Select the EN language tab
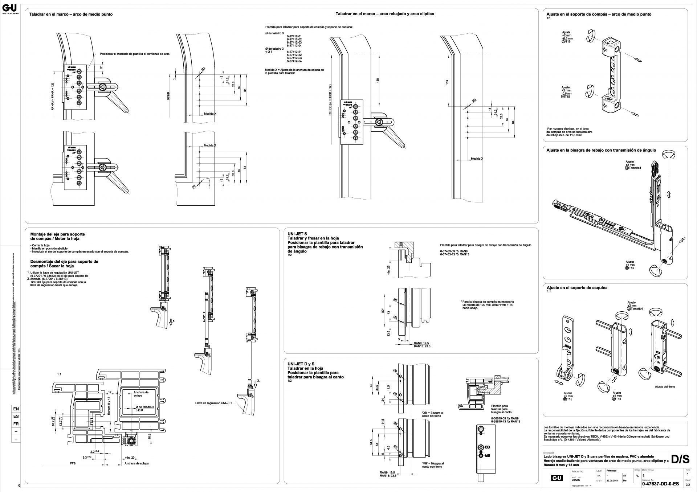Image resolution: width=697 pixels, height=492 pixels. coord(16,409)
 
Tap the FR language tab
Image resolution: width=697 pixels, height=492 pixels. coord(16,424)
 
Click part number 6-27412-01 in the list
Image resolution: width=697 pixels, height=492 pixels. coord(294,36)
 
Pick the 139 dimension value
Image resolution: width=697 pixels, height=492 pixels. coord(447,83)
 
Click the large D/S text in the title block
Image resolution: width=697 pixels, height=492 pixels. coord(680,459)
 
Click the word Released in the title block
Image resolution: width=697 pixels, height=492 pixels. coord(611,470)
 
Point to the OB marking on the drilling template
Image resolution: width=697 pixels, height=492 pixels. coord(489,447)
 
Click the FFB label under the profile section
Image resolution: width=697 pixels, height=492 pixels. coord(73,464)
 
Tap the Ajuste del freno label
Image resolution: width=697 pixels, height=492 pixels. coord(665,387)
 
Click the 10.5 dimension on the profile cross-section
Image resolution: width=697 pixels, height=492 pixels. coord(150,436)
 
